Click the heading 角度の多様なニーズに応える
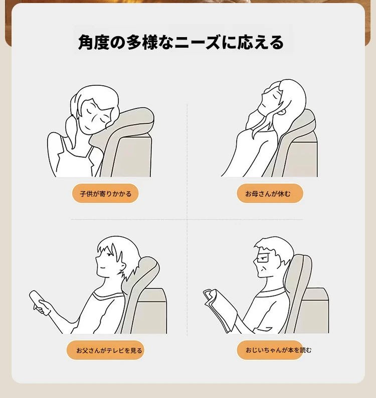pyautogui.click(x=181, y=42)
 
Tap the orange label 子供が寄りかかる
pyautogui.click(x=105, y=193)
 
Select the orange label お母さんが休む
pyautogui.click(x=270, y=193)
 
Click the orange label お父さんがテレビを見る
pyautogui.click(x=105, y=350)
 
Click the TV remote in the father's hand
pyautogui.click(x=39, y=303)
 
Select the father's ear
pyautogui.click(x=123, y=266)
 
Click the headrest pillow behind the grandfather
pyautogui.click(x=300, y=279)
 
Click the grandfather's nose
pyautogui.click(x=255, y=261)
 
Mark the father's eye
pyautogui.click(x=109, y=254)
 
